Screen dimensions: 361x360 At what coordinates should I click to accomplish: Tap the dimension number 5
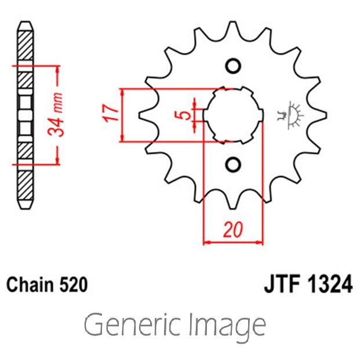(184, 114)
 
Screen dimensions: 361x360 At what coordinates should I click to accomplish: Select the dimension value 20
(233, 230)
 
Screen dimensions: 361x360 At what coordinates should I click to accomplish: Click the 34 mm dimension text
(57, 114)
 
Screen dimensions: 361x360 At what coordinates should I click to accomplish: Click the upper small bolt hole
(232, 66)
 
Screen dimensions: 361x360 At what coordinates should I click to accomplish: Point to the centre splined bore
(232, 115)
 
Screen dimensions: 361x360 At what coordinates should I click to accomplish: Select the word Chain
(30, 285)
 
